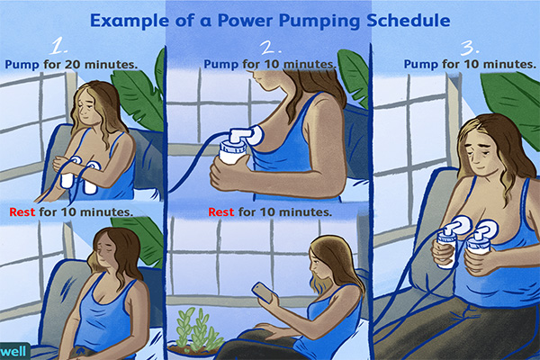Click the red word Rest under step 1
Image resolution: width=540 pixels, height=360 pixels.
point(22,212)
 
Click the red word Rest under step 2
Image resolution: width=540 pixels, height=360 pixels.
point(223,212)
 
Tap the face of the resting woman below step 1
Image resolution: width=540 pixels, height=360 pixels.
point(105,251)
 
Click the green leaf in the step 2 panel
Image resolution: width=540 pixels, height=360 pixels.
point(354,76)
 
